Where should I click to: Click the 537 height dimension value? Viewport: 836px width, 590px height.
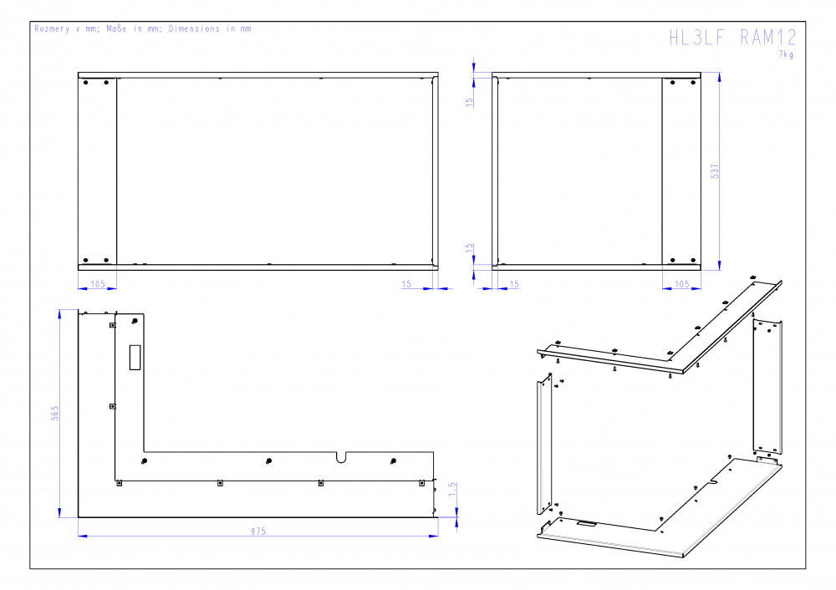click(715, 171)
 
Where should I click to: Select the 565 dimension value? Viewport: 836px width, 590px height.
click(54, 413)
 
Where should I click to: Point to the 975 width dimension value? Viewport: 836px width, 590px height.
click(258, 531)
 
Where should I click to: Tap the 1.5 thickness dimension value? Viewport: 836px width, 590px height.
click(452, 489)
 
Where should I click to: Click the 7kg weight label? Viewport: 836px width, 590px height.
click(786, 54)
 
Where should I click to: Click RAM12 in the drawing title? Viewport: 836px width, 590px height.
click(768, 38)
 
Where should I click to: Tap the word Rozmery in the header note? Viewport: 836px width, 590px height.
click(52, 28)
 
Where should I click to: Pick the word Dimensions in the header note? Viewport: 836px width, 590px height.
click(194, 28)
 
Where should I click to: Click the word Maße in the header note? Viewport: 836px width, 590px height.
click(116, 28)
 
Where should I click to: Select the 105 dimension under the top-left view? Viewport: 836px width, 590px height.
click(98, 283)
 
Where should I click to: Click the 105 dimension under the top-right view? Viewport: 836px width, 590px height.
click(682, 283)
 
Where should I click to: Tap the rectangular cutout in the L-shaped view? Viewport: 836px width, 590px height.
click(135, 357)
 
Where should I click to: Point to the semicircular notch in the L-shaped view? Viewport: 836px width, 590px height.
click(341, 457)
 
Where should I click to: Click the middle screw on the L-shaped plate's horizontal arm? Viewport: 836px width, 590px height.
click(268, 461)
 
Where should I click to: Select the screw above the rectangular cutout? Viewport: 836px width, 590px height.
click(135, 321)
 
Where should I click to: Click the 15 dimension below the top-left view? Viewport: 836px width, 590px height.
click(406, 283)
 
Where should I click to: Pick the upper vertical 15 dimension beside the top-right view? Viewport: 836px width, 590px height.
click(469, 102)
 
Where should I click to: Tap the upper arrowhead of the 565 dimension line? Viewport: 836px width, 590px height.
click(60, 313)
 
